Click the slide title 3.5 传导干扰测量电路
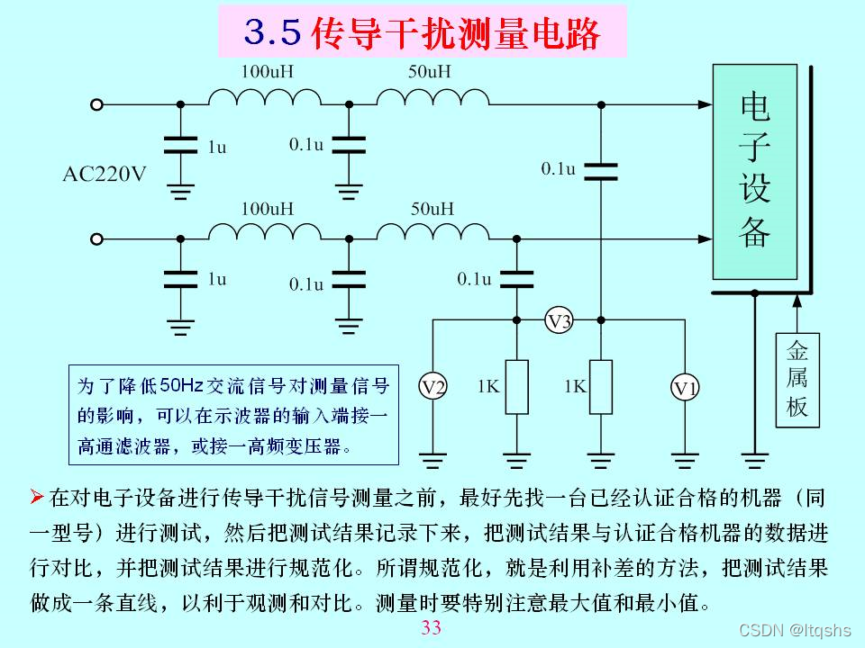422,33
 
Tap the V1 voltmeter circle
686,388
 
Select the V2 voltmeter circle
433,387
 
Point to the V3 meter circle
560,321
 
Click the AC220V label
104,174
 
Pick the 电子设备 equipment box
754,171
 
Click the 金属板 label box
797,378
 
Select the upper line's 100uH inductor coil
265,98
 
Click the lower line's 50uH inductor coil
432,232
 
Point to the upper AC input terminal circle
97,104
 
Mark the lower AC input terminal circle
97,238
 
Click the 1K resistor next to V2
516,387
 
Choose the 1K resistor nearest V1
601,387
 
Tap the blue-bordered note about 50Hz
234,415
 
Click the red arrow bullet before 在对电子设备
38,496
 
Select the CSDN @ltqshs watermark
795,630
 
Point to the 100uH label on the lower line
267,209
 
